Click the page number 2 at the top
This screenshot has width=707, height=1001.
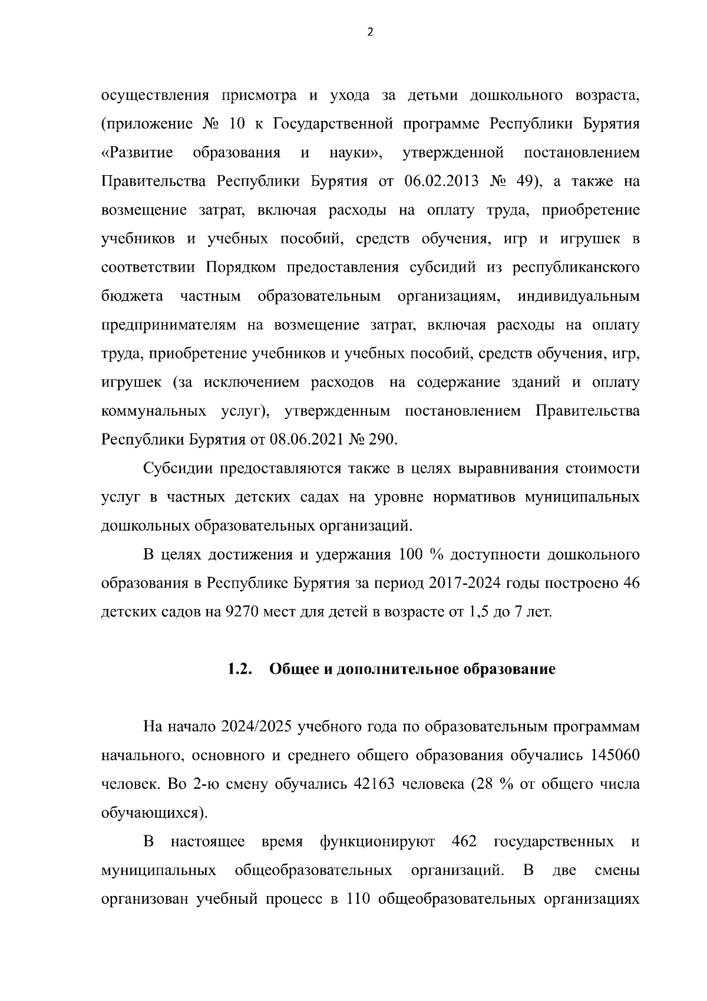[x=370, y=32]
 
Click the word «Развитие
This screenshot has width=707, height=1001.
[x=137, y=153]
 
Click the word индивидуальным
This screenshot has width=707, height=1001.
[x=578, y=296]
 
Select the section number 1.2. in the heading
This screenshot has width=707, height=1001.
[x=240, y=670]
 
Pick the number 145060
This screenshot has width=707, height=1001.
[x=613, y=756]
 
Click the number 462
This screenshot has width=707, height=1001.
[x=464, y=842]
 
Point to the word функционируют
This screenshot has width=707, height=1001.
[x=378, y=842]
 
